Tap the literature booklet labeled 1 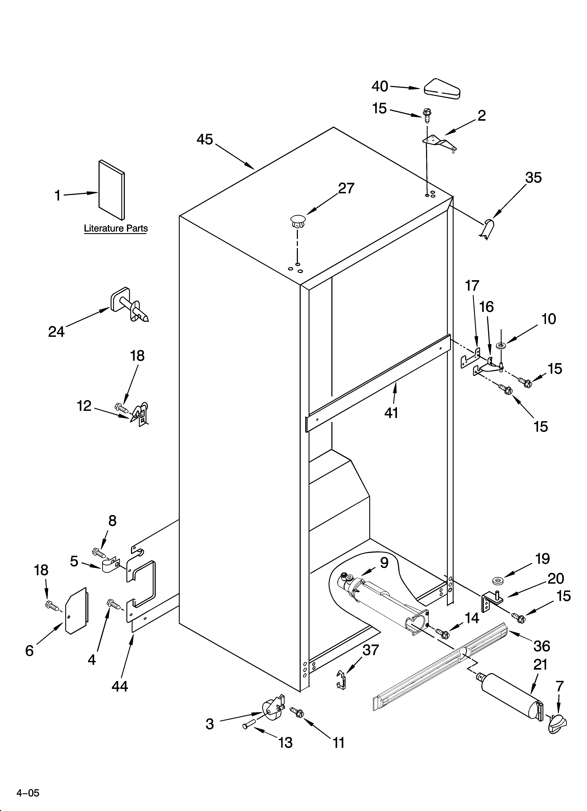(112, 189)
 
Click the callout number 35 (533, 178)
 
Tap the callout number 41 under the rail (391, 413)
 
